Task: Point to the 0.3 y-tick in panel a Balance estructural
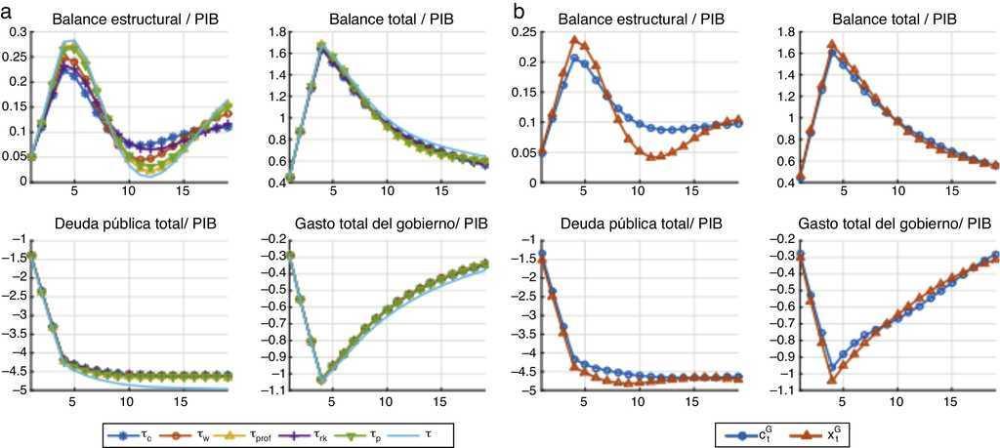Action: coord(14,32)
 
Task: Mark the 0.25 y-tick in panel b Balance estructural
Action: coord(529,32)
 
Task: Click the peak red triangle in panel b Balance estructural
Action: coord(575,40)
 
